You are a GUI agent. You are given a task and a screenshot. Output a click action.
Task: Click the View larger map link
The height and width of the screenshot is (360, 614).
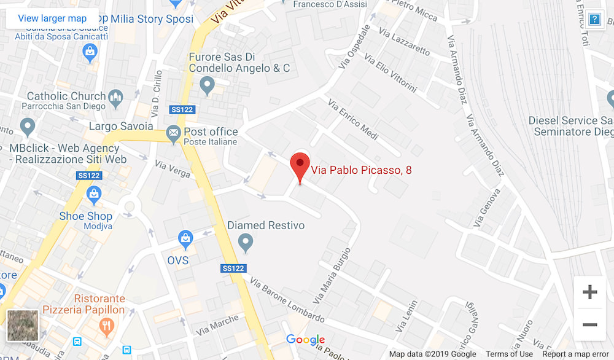click(x=52, y=18)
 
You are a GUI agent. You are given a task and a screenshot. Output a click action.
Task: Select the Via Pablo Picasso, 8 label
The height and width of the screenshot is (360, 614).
click(x=361, y=170)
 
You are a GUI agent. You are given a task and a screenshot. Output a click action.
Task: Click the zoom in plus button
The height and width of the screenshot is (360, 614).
click(x=589, y=292)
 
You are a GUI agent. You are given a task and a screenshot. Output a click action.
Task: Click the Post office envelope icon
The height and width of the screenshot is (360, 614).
click(x=174, y=132)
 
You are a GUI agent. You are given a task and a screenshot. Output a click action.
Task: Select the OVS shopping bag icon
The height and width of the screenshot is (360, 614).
click(x=185, y=238)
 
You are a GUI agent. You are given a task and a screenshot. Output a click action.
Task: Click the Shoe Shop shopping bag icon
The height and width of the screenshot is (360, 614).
click(x=94, y=196)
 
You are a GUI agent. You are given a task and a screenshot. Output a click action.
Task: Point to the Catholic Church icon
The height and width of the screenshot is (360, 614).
click(x=115, y=96)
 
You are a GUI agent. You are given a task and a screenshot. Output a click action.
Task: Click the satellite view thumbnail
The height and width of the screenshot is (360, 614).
click(x=23, y=326)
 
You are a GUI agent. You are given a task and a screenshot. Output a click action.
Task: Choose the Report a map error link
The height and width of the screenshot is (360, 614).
click(x=575, y=354)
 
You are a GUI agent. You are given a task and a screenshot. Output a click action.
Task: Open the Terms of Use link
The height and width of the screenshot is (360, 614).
click(x=509, y=354)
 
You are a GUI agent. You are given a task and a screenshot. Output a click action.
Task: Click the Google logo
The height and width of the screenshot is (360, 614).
click(x=305, y=340)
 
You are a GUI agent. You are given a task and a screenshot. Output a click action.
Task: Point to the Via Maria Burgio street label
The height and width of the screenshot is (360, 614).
click(x=332, y=275)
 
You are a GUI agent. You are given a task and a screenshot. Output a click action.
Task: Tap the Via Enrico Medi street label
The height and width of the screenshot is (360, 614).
click(x=352, y=119)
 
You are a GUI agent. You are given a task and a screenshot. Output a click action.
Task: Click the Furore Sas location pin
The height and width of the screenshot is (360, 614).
click(x=207, y=84)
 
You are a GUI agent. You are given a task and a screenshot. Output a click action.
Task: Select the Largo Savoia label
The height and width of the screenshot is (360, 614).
click(x=121, y=127)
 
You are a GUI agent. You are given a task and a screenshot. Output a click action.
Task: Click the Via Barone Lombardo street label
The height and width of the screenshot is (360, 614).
click(x=287, y=300)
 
